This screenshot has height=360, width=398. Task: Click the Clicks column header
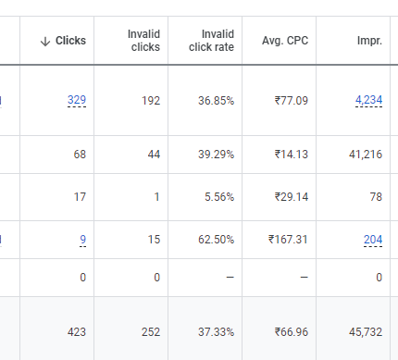[70, 41]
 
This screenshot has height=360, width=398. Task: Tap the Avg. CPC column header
[284, 41]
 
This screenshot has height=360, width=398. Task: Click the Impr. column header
[369, 41]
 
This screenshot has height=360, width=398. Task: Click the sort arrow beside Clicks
[45, 41]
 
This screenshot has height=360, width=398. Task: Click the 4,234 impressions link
[368, 100]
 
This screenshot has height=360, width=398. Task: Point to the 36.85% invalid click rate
[213, 100]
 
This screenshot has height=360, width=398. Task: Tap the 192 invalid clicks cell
[150, 100]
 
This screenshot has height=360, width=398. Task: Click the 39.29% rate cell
[213, 155]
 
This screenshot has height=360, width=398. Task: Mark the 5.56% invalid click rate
[216, 196]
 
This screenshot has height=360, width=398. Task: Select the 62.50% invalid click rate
[213, 239]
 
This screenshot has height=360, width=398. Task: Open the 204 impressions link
[373, 239]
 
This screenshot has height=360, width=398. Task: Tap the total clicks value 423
[75, 329]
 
